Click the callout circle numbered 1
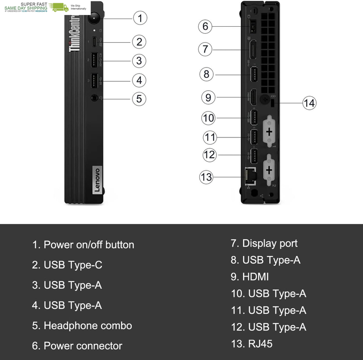point(140,18)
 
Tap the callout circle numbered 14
point(309,103)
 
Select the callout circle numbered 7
point(205,49)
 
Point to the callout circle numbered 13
point(206,176)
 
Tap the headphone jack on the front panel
point(94,97)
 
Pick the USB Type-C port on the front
point(94,42)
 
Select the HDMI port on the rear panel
point(253,97)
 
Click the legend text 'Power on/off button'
point(88,245)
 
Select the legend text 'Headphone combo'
point(88,326)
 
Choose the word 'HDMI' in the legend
point(255,277)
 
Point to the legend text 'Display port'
point(270,243)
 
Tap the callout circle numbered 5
point(139,98)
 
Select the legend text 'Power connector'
point(83,346)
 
